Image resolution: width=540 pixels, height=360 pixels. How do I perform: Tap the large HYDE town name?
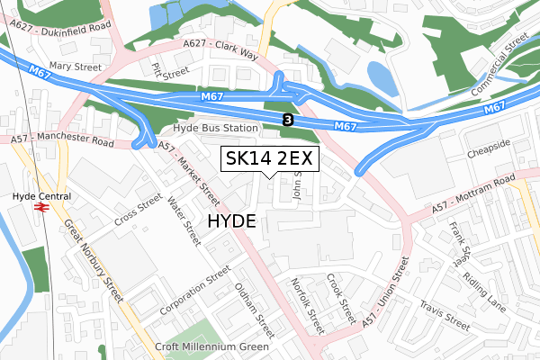pos(232,221)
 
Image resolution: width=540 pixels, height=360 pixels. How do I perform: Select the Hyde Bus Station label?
pos(215,129)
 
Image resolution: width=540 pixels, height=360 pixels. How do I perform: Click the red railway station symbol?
pos(40,207)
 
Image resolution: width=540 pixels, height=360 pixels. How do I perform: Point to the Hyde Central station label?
pos(40,193)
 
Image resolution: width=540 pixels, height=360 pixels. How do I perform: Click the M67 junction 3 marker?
pos(287,119)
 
